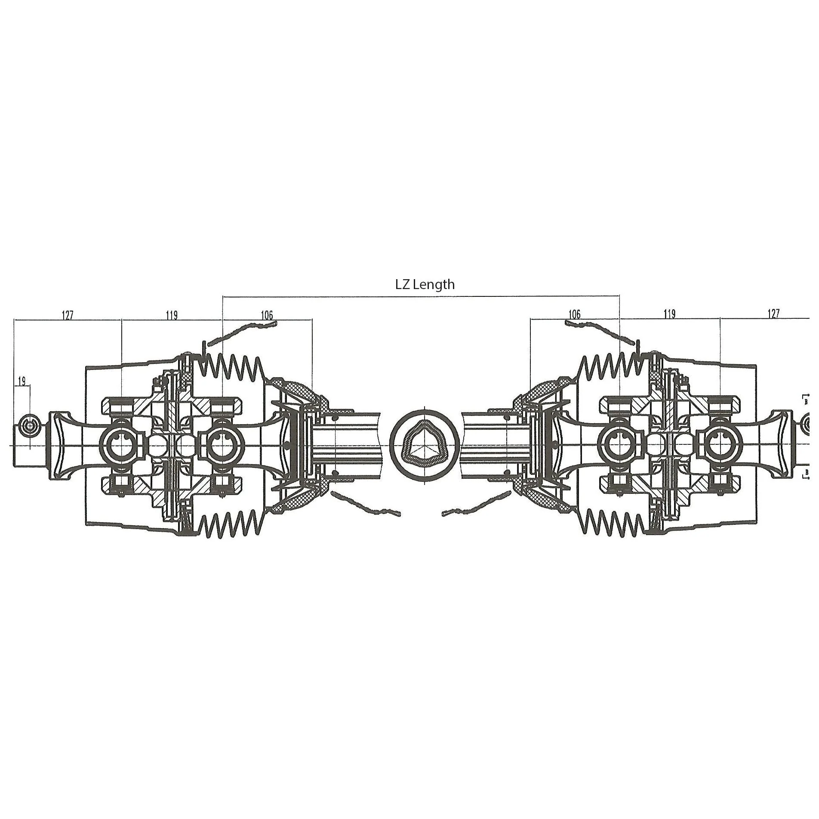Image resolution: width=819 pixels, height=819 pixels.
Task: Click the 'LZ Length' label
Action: pyautogui.click(x=425, y=284)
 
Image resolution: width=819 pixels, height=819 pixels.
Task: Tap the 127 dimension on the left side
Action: pyautogui.click(x=68, y=315)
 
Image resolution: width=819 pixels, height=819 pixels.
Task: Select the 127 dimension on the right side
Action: pyautogui.click(x=773, y=314)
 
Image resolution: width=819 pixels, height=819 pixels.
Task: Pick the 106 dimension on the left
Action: pyautogui.click(x=267, y=315)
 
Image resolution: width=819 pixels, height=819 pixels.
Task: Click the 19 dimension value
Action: pyautogui.click(x=22, y=381)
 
